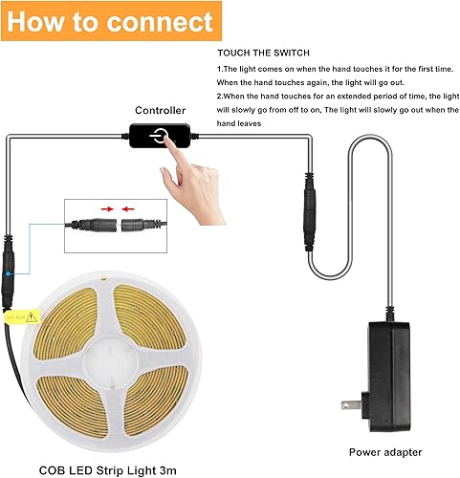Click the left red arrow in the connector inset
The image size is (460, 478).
pyautogui.click(x=106, y=206)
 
